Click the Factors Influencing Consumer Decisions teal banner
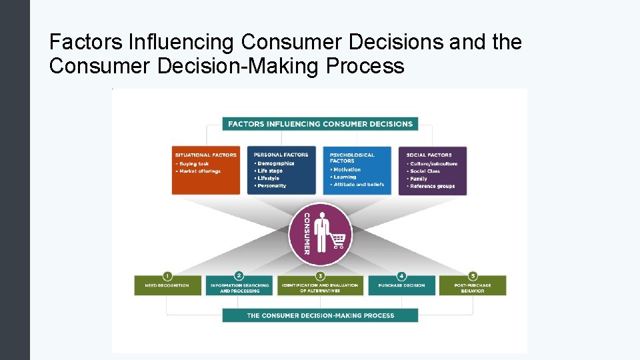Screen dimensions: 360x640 coord(320,124)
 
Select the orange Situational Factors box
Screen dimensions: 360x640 coord(205,171)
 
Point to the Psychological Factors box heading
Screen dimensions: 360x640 coord(352,158)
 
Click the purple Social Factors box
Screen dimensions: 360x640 coord(433,171)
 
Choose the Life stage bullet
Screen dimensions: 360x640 coord(270,171)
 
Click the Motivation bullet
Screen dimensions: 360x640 coord(347,169)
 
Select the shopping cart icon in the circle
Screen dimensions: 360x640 coord(338,241)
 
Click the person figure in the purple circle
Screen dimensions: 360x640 coord(322,230)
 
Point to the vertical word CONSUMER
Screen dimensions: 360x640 coord(307,233)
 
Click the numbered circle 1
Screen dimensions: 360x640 coord(167,275)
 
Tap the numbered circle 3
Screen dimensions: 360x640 coord(320,275)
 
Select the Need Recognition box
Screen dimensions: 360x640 coord(167,286)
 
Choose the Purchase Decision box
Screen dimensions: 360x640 coord(401,286)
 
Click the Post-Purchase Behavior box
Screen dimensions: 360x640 coord(473,287)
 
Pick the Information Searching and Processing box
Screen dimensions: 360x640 coord(239,287)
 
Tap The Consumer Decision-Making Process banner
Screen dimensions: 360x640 coord(320,315)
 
